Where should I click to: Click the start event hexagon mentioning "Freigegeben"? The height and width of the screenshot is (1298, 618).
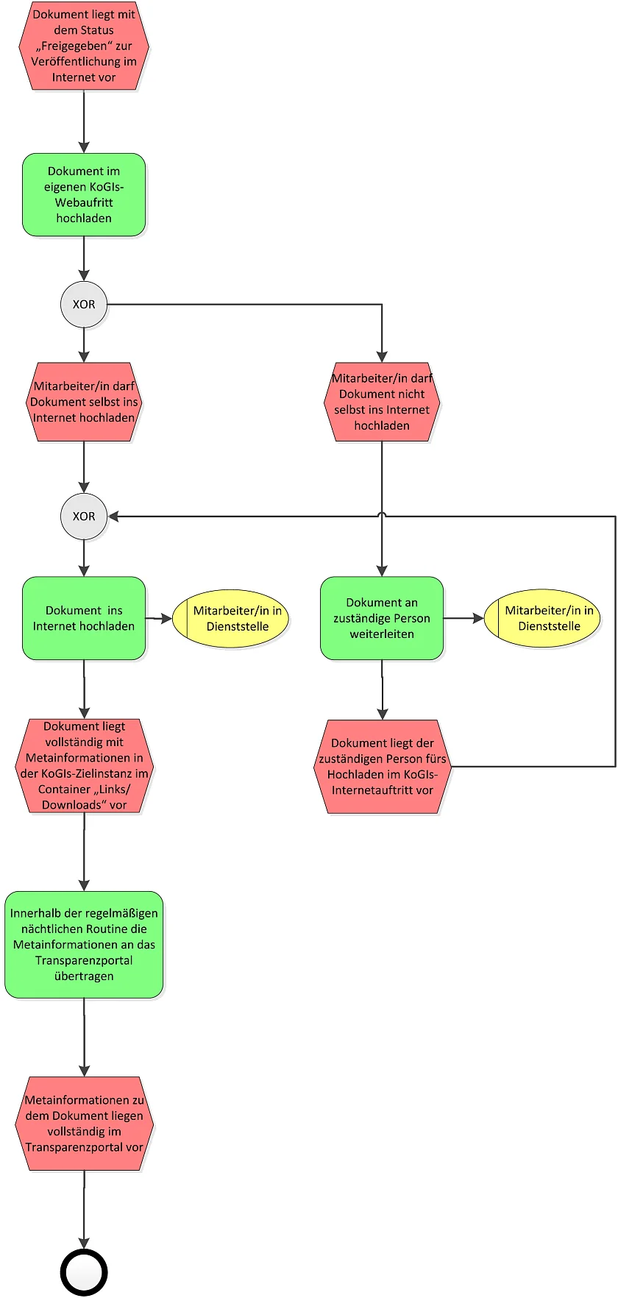(x=84, y=46)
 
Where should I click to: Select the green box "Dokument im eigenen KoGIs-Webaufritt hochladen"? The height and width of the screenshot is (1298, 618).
(x=84, y=195)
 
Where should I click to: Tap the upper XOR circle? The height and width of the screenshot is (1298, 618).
(x=84, y=304)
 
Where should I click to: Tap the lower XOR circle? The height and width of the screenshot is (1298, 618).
(x=84, y=517)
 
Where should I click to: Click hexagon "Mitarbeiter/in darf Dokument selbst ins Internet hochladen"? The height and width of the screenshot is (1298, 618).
(x=84, y=402)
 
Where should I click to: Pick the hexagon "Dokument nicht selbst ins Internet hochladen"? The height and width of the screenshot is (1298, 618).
(x=382, y=402)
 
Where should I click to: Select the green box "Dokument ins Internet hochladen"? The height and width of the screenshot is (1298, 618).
(x=84, y=618)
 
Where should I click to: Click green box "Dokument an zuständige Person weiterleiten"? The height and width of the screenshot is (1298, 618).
(x=382, y=618)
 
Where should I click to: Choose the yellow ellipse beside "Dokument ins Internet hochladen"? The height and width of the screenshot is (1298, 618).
(x=230, y=618)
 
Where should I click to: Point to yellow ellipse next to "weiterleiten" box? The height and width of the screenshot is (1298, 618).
(x=541, y=618)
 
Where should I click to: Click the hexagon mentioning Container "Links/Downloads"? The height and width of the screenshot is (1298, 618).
(x=84, y=766)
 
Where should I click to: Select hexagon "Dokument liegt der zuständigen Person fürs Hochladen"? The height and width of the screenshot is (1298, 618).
(x=382, y=767)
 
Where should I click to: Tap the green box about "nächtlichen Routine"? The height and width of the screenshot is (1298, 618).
(x=84, y=945)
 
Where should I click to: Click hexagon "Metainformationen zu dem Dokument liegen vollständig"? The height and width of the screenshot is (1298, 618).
(x=84, y=1124)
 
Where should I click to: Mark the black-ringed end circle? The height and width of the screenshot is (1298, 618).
(x=84, y=1272)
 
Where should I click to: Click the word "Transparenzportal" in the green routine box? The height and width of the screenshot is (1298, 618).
(x=84, y=960)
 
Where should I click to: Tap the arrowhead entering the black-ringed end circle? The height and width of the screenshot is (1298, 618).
(x=84, y=1244)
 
